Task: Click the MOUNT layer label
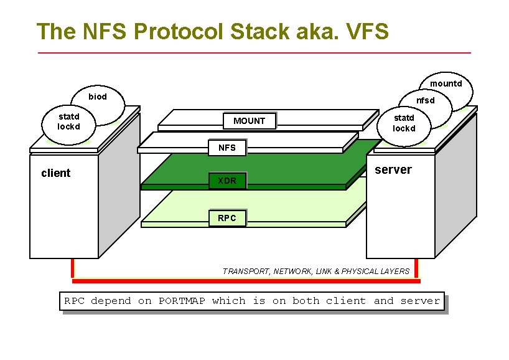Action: point(249,121)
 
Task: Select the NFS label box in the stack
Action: point(227,148)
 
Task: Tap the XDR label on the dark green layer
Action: point(227,181)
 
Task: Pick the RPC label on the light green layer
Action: point(227,218)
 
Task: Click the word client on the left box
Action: point(55,173)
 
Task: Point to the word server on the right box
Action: point(393,170)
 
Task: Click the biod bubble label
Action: point(98,97)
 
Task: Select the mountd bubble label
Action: point(446,83)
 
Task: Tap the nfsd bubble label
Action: point(426,100)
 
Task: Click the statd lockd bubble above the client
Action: point(68,121)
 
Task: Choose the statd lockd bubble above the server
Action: point(403,123)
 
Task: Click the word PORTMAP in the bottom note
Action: point(182,301)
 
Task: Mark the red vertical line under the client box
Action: point(73,268)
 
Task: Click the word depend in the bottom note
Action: point(111,301)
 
